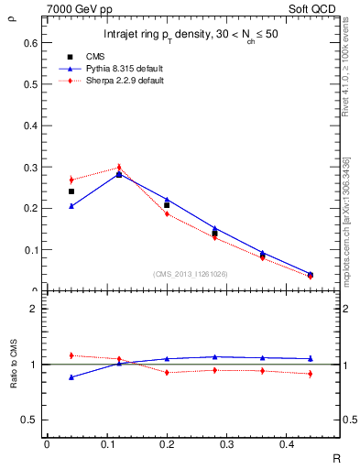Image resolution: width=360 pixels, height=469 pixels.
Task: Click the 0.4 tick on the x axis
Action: pos(287,443)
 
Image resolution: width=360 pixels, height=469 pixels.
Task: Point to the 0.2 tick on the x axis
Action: pos(167,443)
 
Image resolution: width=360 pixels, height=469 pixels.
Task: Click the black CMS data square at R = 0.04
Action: pos(71,191)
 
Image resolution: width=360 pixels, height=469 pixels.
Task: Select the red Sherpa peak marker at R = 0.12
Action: pos(119,168)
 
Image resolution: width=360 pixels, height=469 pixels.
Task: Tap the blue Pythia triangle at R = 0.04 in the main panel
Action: pos(71,206)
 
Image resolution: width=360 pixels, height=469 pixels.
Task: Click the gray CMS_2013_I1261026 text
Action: pos(191,274)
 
